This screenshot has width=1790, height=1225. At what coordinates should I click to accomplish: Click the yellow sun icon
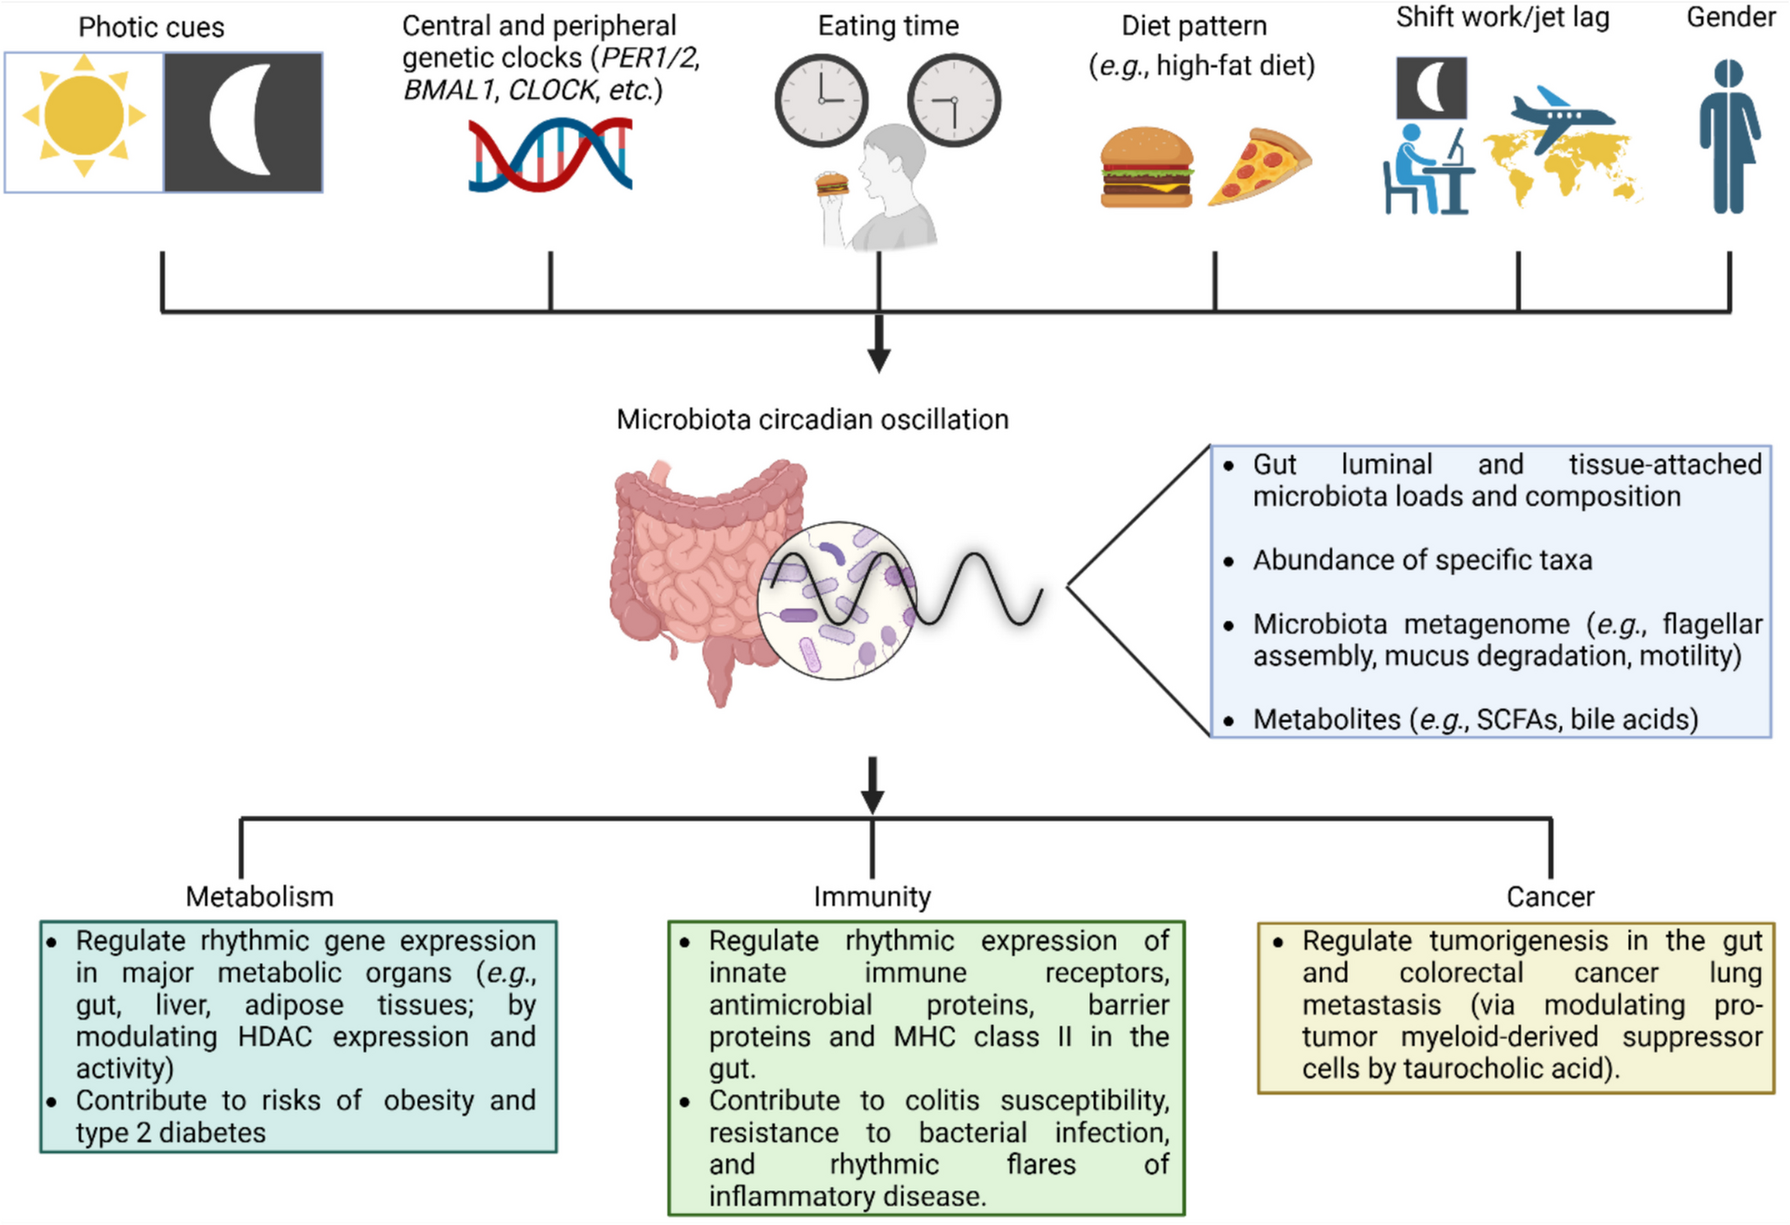pos(83,115)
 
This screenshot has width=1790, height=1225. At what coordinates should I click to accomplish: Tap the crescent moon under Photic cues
pos(240,120)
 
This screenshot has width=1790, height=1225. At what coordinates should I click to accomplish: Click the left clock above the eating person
pos(821,100)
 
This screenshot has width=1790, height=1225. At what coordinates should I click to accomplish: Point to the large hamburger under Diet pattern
pos(1146,168)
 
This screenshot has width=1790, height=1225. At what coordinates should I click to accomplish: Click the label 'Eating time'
pos(888,26)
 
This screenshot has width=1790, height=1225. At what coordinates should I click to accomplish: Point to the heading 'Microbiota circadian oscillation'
pos(812,420)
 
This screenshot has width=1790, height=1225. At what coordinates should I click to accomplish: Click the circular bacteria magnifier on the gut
pos(836,600)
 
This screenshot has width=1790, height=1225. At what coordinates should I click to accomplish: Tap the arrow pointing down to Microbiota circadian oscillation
pos(879,345)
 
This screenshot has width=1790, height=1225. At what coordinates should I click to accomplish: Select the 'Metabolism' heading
pos(259,896)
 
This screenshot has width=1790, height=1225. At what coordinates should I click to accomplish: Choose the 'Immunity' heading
pos(872,896)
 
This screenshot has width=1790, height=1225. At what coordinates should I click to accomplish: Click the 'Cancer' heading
pos(1550,896)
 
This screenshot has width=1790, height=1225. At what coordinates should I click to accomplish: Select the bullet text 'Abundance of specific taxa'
pos(1422,560)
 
